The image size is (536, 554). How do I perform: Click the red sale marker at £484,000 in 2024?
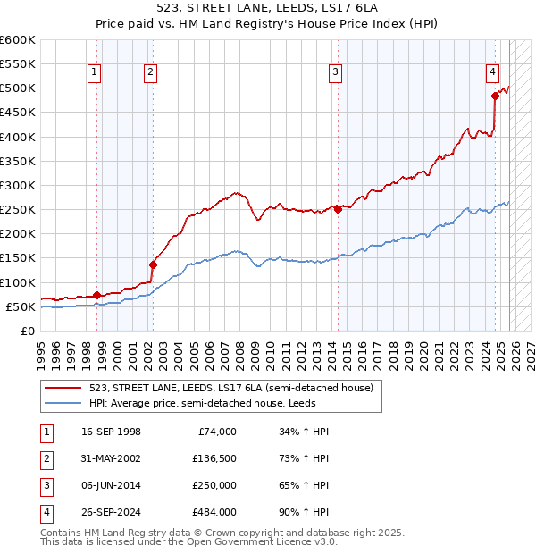click(x=494, y=96)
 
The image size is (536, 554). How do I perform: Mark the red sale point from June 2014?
click(x=338, y=209)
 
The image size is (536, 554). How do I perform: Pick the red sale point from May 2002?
click(x=153, y=264)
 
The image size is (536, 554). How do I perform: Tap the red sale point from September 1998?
click(x=96, y=294)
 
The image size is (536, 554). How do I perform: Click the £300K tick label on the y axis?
click(x=18, y=185)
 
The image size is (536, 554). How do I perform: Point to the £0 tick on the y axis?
click(x=27, y=331)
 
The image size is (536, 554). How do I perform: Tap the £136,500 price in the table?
click(x=214, y=459)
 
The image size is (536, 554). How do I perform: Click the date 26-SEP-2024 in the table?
click(x=111, y=512)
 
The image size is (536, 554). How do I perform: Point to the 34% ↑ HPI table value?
click(x=297, y=432)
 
